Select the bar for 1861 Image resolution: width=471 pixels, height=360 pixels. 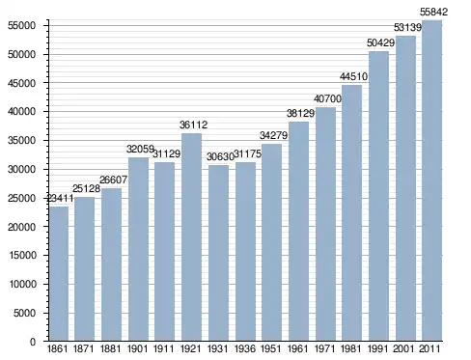59,273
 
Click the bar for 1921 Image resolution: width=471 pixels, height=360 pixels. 191,237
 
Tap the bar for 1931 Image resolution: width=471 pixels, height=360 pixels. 218,253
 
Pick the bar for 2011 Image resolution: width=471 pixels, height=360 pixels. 432,180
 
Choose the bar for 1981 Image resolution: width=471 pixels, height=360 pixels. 351,213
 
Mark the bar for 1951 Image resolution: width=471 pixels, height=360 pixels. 271,242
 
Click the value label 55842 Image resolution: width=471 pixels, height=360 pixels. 433,12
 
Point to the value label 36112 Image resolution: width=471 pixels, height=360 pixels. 193,125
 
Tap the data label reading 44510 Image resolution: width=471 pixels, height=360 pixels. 353,76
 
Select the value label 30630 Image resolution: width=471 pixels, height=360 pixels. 220,156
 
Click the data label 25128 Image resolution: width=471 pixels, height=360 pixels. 86,188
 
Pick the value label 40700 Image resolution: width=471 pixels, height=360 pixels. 327,98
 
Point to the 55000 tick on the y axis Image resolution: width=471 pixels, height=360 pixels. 22,26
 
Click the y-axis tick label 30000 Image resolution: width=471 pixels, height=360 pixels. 22,169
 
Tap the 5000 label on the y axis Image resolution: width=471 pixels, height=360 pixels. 25,313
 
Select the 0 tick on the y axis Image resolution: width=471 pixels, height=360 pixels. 33,342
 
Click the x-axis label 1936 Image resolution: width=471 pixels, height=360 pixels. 245,348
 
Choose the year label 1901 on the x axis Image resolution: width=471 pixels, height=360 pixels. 137,348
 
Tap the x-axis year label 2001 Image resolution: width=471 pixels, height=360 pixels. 404,348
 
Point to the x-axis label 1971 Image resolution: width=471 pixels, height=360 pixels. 324,348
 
